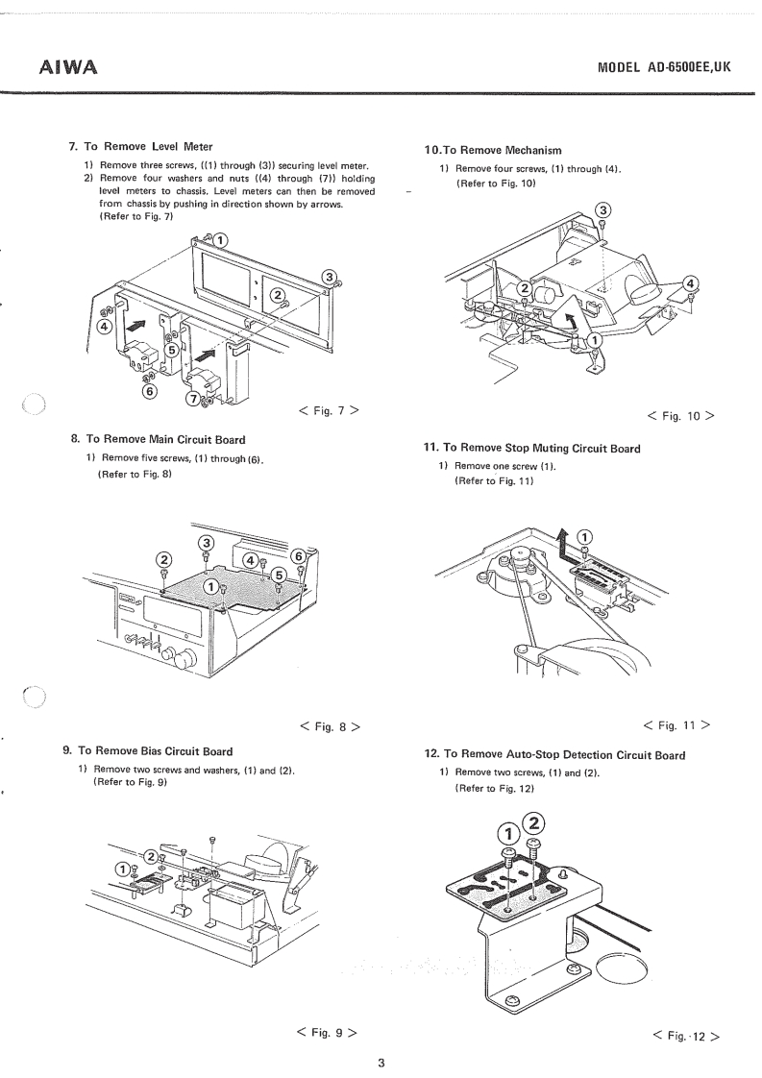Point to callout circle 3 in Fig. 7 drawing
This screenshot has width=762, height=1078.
tap(331, 279)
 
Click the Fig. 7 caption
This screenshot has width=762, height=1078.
tap(330, 412)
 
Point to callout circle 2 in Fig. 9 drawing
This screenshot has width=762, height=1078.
tap(150, 855)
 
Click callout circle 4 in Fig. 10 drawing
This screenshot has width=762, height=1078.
tap(690, 282)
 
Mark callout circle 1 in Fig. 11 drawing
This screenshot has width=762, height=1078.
tap(585, 536)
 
